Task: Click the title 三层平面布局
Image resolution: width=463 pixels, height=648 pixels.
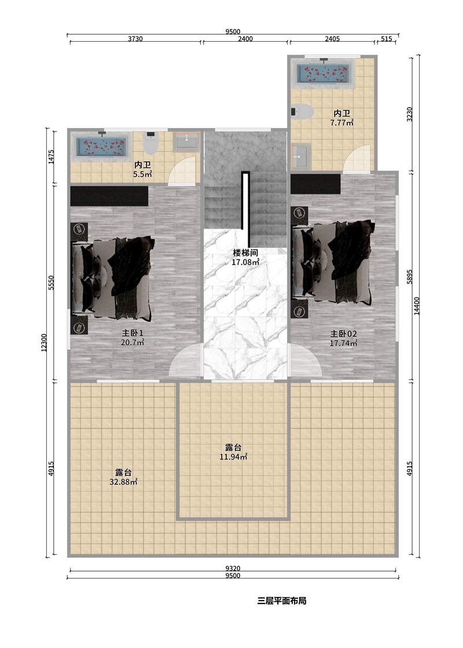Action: tap(282, 601)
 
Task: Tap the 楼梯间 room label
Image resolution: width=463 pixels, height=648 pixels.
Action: tap(245, 252)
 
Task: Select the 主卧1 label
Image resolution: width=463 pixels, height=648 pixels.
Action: tap(133, 333)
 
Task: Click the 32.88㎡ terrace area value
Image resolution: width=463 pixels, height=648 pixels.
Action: tap(123, 482)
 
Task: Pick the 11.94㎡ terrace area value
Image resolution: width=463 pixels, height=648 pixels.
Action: tap(233, 457)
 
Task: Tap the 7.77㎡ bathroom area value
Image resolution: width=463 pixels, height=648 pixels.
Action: tap(342, 122)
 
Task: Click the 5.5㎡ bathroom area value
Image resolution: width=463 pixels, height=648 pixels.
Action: tap(142, 174)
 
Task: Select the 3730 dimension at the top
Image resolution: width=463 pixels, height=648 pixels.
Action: tap(135, 39)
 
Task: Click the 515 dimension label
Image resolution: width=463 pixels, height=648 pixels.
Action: tap(386, 39)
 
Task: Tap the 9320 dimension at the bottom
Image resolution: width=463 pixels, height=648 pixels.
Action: tap(233, 569)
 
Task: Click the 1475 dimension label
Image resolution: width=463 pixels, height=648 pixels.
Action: tap(51, 156)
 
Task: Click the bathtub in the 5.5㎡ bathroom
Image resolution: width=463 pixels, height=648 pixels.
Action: tap(102, 147)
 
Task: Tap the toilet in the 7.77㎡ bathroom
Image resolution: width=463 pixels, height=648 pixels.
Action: tap(302, 112)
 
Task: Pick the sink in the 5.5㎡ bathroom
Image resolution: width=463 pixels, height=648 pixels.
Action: tap(187, 142)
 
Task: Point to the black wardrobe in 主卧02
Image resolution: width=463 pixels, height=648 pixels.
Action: tap(315, 184)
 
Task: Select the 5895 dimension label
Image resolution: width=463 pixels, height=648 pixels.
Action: tap(409, 276)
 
